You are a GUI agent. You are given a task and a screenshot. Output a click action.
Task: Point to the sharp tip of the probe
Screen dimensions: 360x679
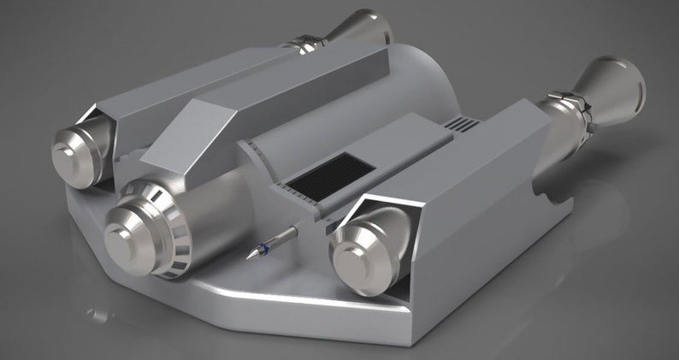248,257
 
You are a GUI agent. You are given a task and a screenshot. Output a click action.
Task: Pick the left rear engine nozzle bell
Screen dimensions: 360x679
363,27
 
